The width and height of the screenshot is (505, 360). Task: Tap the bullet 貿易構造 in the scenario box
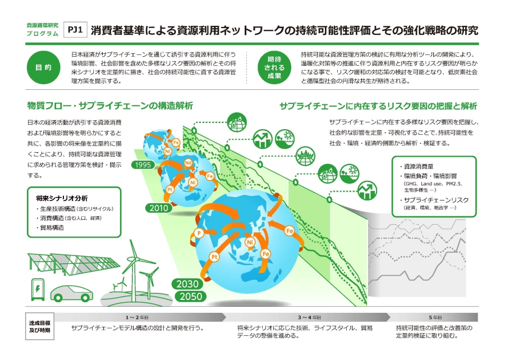tap(52, 228)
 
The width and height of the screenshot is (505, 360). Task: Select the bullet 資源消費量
tap(419, 167)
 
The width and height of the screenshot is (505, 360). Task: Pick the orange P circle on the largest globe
tap(198, 233)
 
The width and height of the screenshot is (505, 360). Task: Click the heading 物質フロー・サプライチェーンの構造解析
tap(110, 106)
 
